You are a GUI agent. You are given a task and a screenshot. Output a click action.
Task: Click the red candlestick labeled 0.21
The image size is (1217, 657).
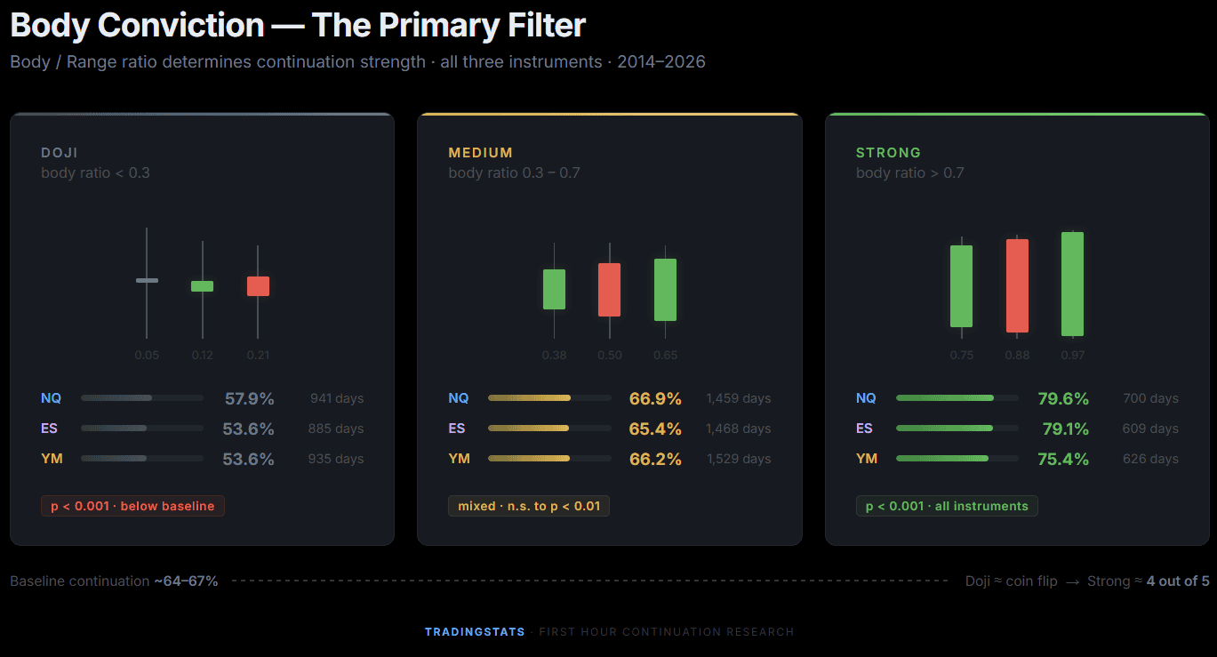[x=258, y=286]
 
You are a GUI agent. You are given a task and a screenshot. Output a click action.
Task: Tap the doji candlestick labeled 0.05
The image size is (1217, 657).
[x=147, y=281]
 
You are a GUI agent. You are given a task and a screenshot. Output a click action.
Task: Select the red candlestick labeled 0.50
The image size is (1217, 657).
[x=610, y=290]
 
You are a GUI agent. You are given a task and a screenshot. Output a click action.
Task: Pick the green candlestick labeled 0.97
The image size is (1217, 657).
[x=1072, y=284]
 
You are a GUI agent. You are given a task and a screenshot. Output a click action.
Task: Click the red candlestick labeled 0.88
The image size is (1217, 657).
[x=1017, y=285]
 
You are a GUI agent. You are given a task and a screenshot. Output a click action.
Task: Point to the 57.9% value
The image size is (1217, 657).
[x=248, y=399]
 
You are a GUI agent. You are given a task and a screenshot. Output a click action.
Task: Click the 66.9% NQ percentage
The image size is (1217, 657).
[x=655, y=399]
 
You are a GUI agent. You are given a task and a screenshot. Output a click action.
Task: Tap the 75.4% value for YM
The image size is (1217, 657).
[x=1063, y=460]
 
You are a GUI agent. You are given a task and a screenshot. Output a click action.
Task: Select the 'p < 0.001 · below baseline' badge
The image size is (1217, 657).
[x=132, y=506]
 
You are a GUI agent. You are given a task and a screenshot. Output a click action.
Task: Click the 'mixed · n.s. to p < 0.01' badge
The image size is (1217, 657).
[x=529, y=506]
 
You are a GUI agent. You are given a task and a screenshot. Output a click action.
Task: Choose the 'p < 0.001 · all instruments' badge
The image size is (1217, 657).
[x=946, y=506]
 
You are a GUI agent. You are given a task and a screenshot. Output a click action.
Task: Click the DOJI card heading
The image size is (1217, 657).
[x=60, y=153]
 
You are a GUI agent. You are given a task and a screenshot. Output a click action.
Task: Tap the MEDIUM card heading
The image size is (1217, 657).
[x=480, y=153]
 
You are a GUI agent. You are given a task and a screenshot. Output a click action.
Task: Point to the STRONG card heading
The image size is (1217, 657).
[x=888, y=153]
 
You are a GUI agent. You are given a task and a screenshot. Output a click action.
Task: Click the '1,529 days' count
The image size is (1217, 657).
[x=738, y=460]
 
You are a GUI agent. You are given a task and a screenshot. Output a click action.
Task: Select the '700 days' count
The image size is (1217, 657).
[x=1150, y=399]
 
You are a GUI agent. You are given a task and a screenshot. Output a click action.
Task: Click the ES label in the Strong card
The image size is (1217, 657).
[x=864, y=429]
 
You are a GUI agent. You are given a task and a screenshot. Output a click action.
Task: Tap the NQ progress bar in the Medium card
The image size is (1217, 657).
[x=549, y=398]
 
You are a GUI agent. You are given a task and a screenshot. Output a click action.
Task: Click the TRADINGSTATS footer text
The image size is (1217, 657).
[x=475, y=632]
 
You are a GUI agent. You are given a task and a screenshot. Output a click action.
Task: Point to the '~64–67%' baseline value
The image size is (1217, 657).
[x=186, y=581]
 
